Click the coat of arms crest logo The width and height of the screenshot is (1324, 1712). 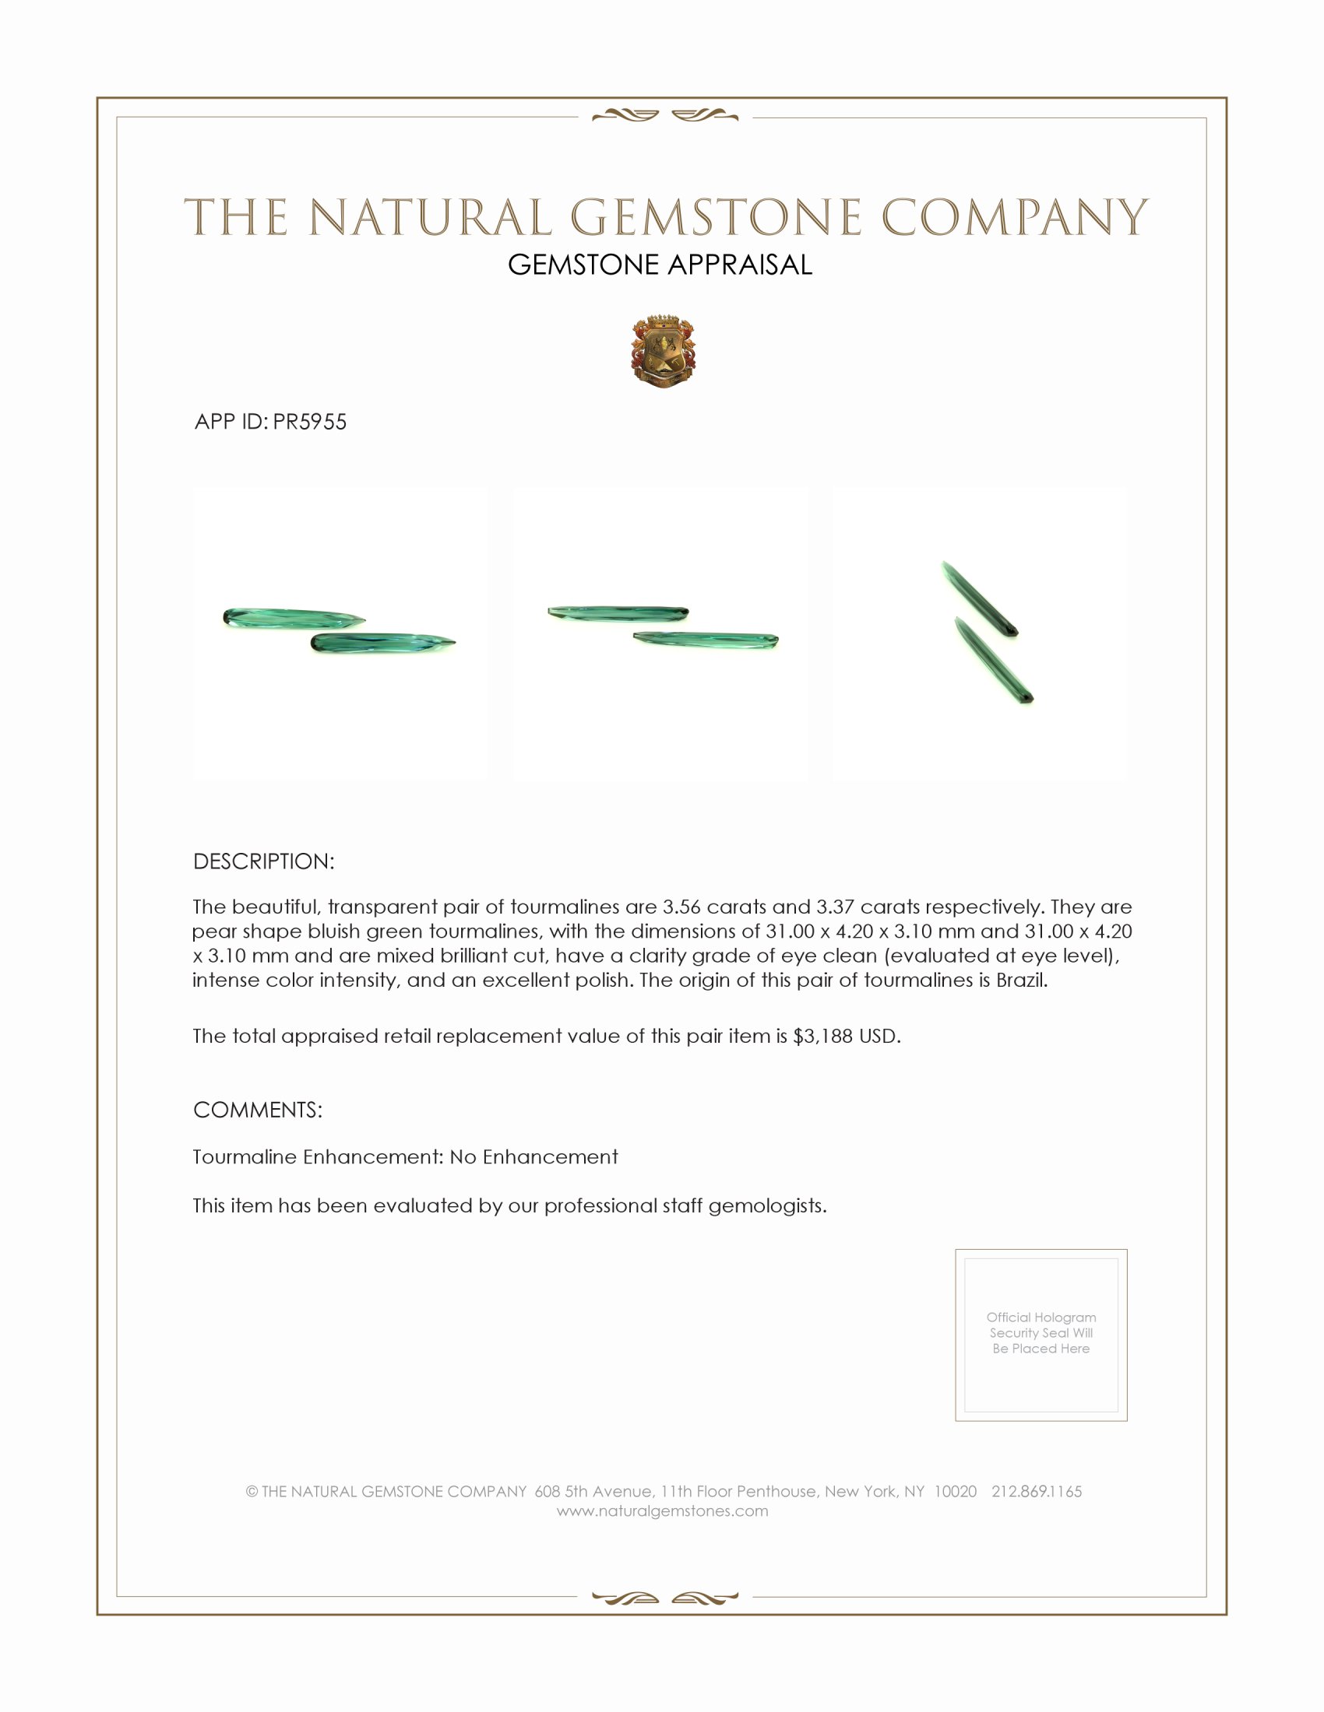coord(663,352)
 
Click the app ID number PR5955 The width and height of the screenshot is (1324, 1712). coord(310,422)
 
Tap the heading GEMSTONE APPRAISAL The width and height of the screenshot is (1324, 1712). coord(660,265)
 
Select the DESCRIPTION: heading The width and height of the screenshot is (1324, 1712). coord(263,861)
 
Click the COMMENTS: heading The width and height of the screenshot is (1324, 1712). coord(257,1110)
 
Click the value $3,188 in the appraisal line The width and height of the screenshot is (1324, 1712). coord(822,1037)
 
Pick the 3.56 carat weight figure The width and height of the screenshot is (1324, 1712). coord(681,907)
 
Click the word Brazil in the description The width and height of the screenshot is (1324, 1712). coord(1020,981)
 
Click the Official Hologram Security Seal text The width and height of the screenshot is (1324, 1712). coord(1041,1332)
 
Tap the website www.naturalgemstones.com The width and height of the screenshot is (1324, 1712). coord(662,1511)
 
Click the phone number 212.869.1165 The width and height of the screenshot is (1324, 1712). coord(1036,1492)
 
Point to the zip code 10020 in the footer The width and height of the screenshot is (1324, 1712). coord(955,1492)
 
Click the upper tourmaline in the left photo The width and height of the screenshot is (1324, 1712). coord(294,617)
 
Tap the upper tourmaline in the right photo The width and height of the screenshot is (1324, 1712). coord(979,598)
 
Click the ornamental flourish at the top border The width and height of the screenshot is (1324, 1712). coord(664,116)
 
